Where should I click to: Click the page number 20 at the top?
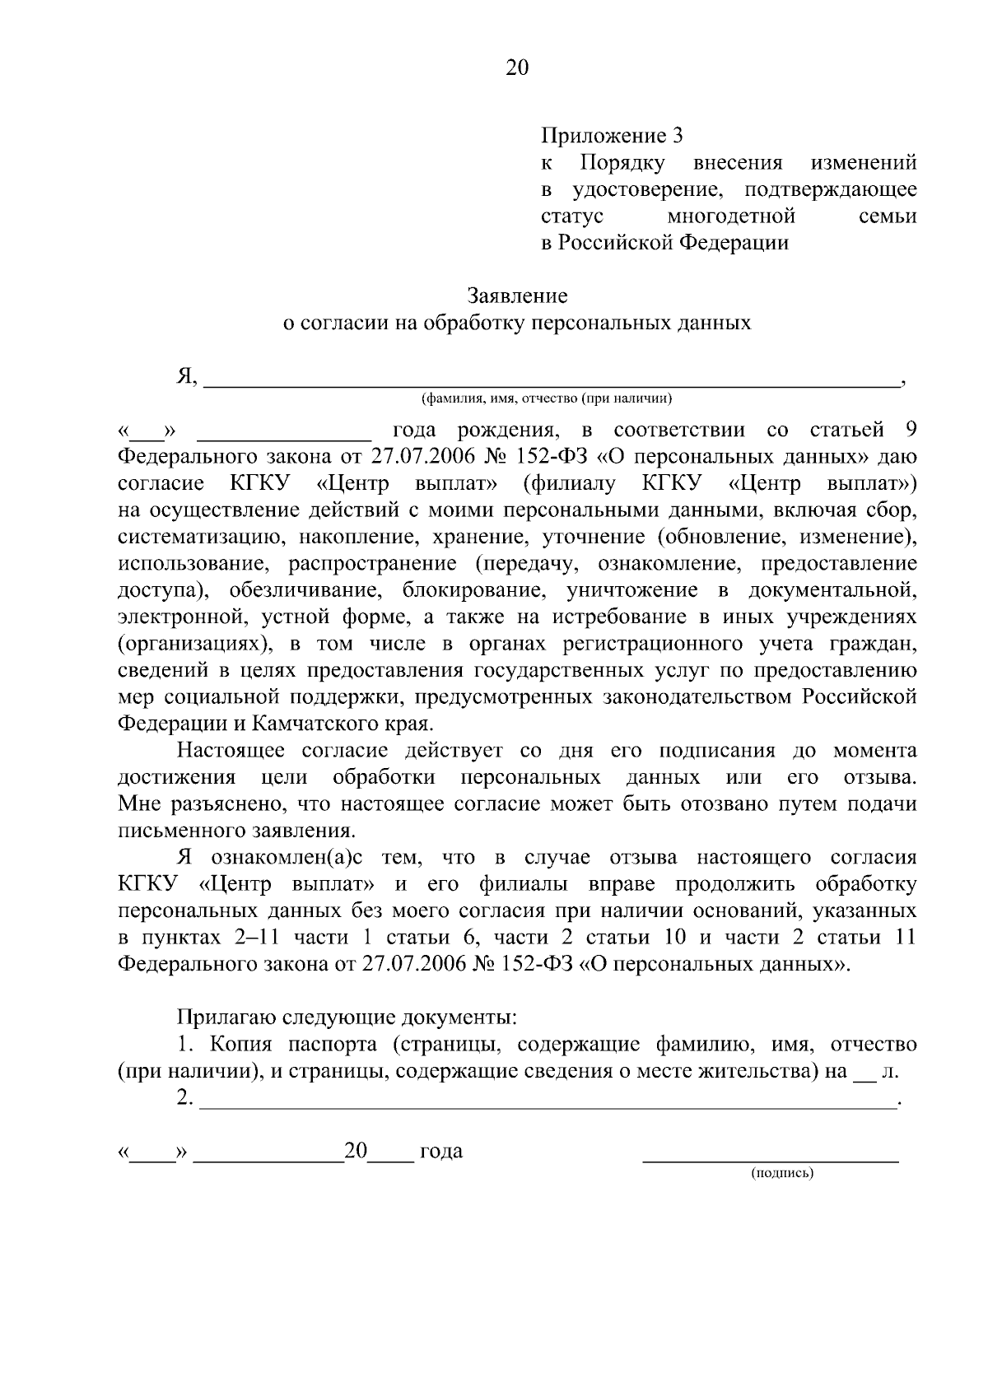516,68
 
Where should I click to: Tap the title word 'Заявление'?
517,296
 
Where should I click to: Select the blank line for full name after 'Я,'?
550,382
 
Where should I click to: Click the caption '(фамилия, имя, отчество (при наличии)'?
547,399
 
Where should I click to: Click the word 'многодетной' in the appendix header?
730,217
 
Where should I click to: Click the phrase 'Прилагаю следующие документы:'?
347,1017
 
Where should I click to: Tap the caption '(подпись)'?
781,1173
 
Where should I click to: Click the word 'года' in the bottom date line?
440,1152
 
